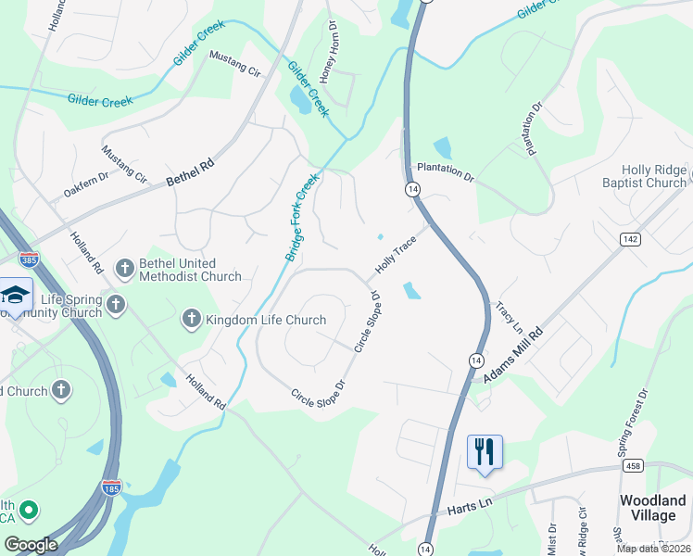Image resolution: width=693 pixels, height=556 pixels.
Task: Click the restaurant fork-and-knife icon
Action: point(485,452)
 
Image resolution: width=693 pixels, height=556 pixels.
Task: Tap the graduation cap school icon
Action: point(15,295)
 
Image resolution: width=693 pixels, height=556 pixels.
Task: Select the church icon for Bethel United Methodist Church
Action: point(125,269)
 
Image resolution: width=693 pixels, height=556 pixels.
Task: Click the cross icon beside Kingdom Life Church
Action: point(192,320)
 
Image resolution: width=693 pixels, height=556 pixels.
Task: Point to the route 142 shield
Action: point(631,239)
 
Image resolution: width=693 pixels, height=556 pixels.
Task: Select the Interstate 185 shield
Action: point(111,486)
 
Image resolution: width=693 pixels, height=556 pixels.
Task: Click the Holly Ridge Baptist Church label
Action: point(653,176)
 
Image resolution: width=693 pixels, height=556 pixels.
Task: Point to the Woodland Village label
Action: point(653,509)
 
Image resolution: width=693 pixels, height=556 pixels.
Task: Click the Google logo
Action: point(31,545)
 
